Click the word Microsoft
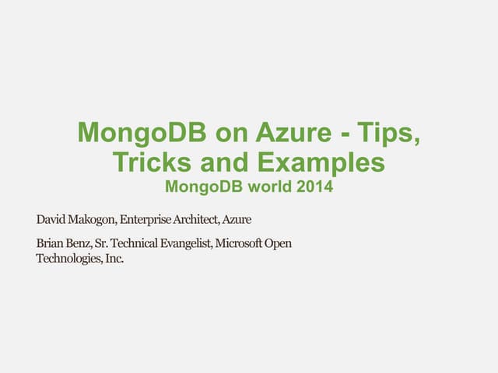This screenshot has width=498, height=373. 240,244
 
